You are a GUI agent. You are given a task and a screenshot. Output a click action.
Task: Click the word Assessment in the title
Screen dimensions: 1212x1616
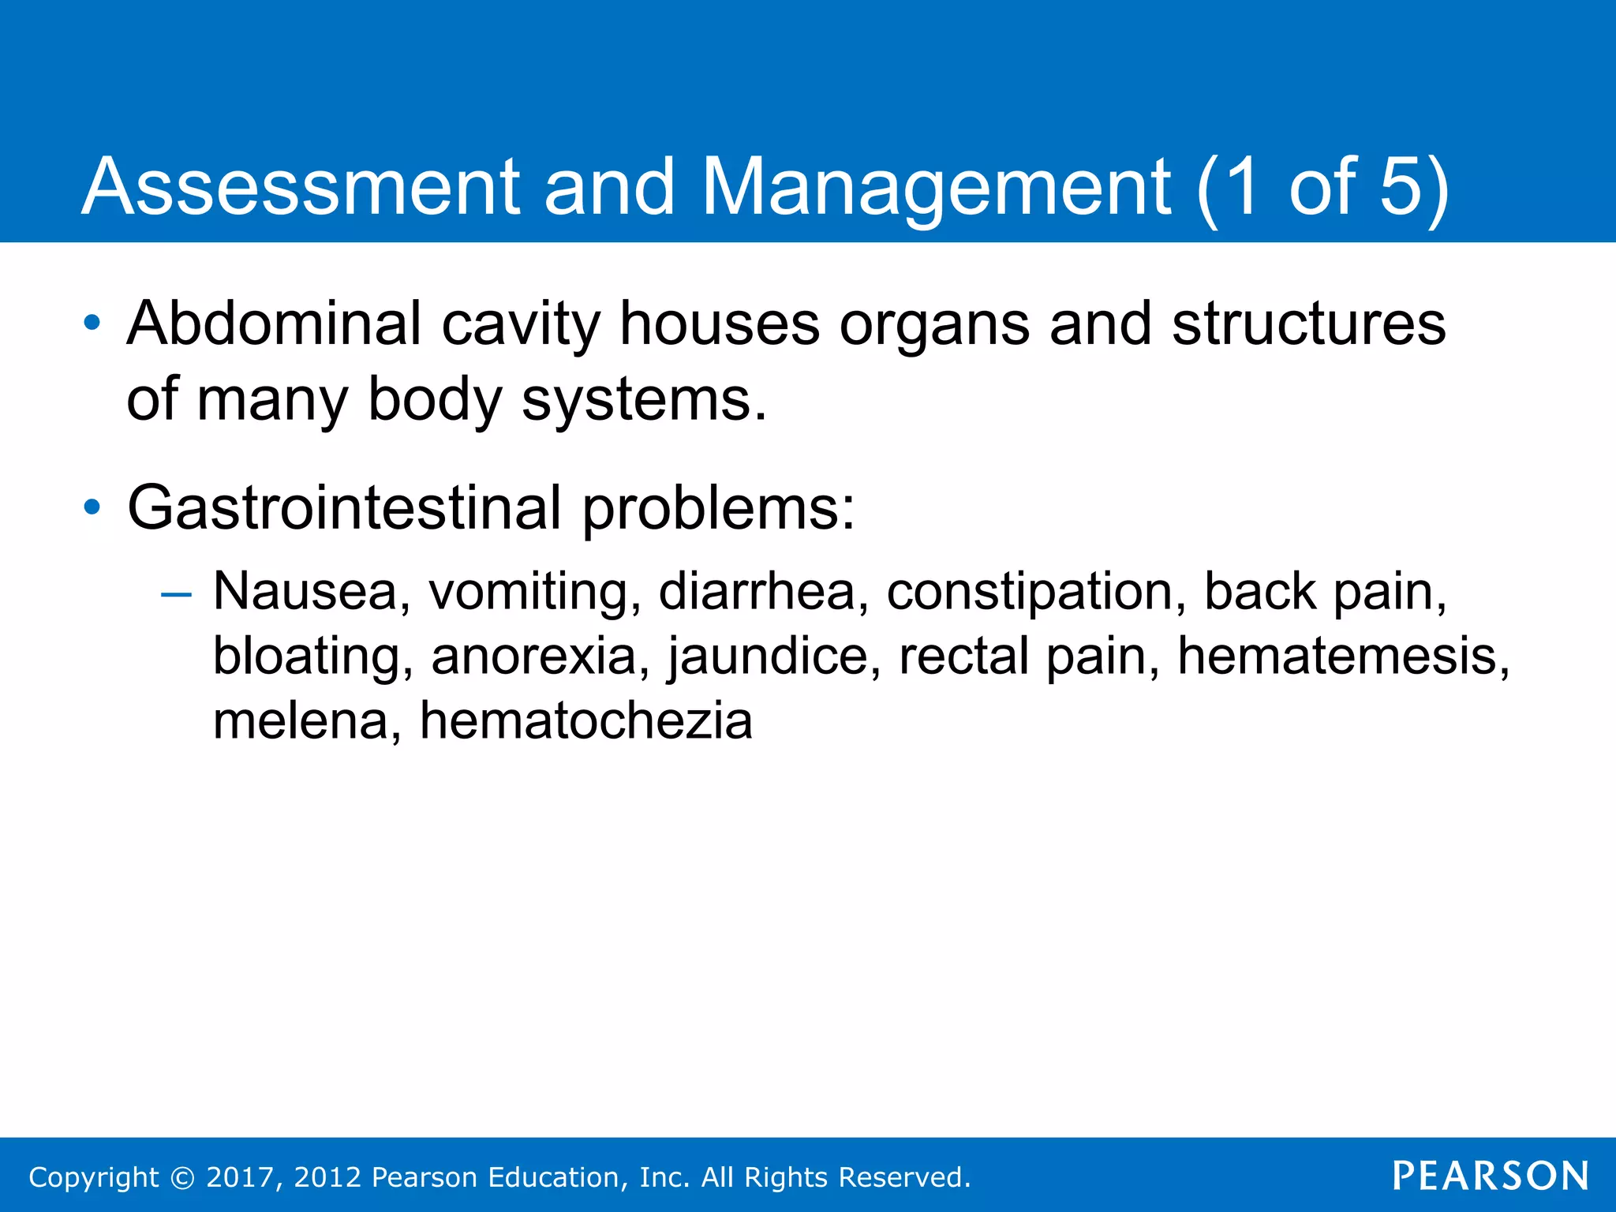(301, 187)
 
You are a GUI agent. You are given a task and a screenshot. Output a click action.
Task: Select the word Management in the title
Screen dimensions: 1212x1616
(936, 187)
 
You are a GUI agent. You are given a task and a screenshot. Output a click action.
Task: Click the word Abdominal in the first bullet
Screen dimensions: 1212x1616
(275, 324)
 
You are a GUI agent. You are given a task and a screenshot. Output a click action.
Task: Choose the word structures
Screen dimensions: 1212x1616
(1309, 324)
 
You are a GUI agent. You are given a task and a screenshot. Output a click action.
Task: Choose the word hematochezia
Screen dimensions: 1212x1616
(585, 721)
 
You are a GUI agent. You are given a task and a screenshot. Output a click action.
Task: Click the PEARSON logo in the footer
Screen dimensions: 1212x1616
(1491, 1176)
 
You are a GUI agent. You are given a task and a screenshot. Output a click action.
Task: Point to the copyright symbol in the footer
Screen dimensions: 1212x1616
(182, 1177)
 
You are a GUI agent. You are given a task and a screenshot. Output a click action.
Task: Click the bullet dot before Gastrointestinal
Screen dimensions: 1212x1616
(92, 507)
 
